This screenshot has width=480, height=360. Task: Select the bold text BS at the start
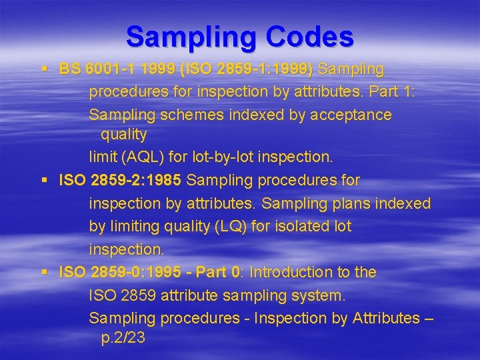point(69,69)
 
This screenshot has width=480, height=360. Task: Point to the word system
point(318,295)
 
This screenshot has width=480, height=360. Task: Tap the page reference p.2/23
point(123,338)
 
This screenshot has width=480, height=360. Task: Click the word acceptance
point(350,115)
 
